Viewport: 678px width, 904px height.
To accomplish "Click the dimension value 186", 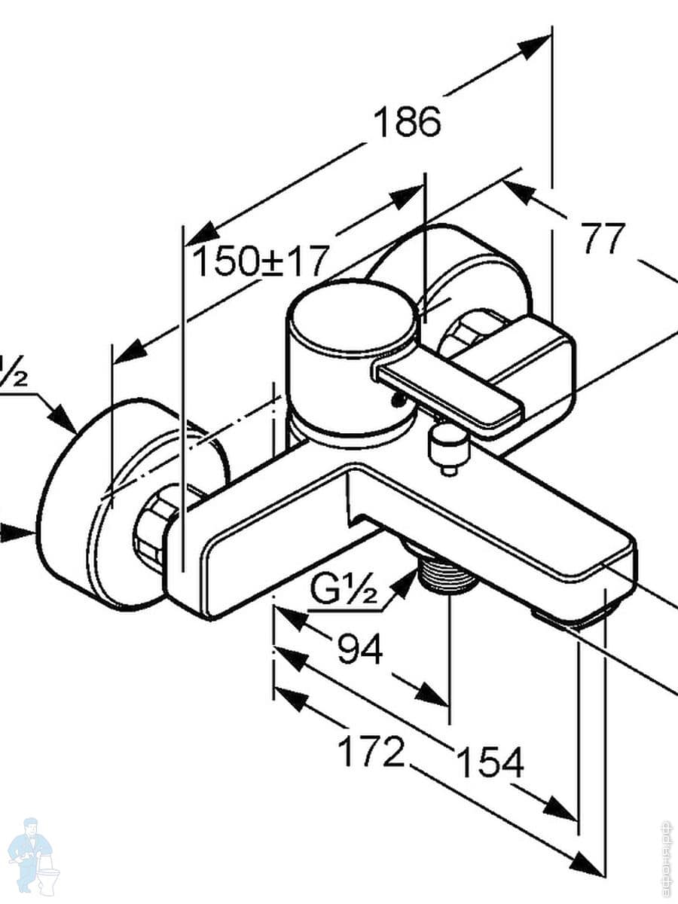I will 408,122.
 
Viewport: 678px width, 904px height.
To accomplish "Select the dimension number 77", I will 603,239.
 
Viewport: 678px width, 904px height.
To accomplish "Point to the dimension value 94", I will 360,649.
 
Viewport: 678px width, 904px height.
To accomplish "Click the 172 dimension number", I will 371,752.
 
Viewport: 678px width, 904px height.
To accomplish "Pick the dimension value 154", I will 490,763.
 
